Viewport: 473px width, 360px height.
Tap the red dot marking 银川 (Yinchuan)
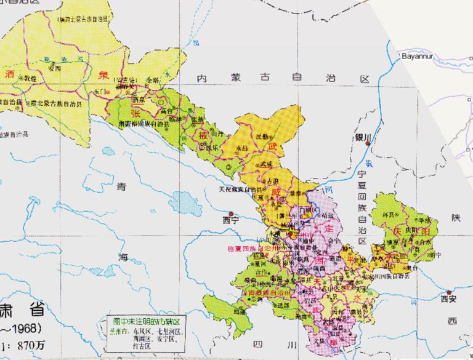click(368, 144)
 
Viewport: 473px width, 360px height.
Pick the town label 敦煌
click(28, 79)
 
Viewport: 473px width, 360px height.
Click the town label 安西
click(54, 68)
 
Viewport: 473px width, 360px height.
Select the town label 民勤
click(262, 137)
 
